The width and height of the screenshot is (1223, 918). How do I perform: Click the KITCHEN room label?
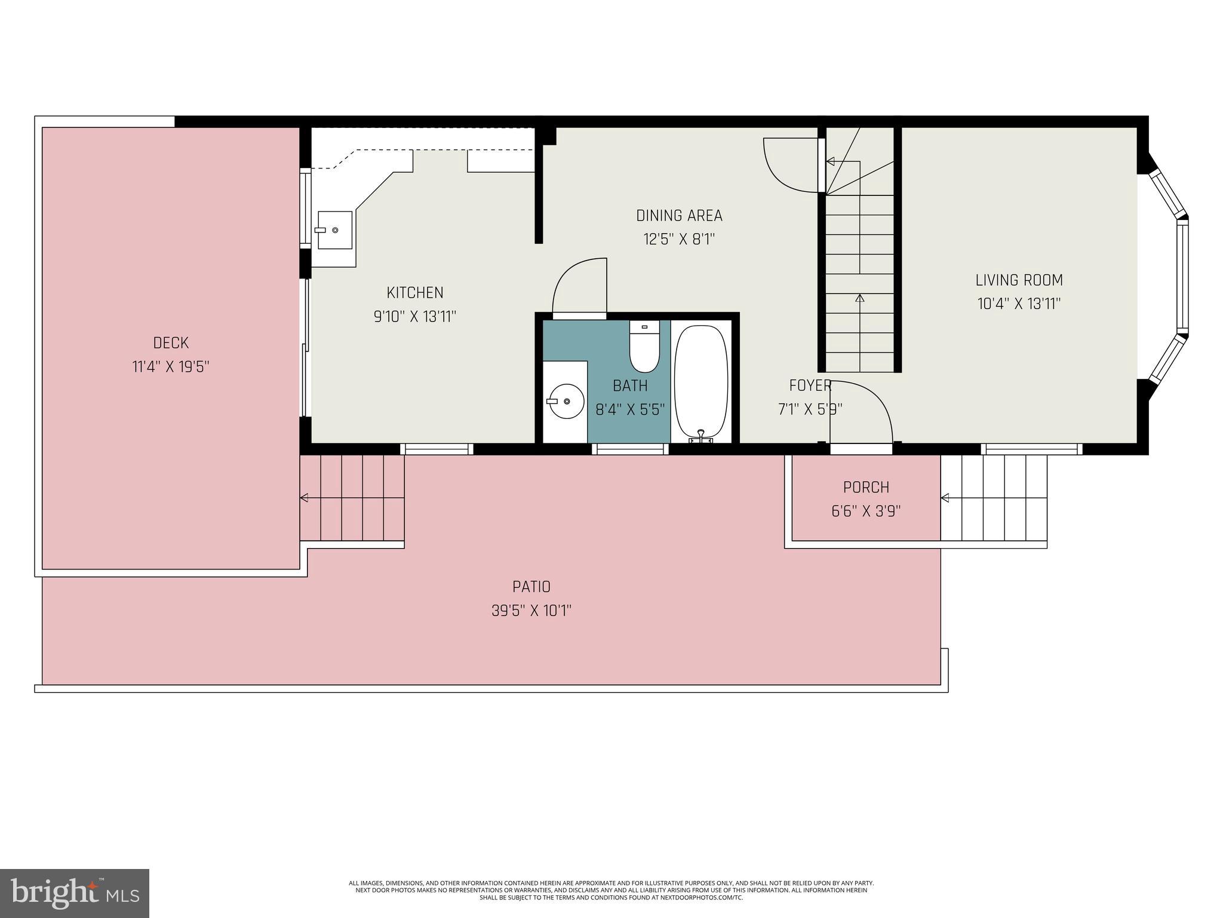415,293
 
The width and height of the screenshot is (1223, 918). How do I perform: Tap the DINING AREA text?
679,215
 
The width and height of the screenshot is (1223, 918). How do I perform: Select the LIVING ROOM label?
1019,280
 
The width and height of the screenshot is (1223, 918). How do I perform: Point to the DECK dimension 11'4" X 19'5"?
171,366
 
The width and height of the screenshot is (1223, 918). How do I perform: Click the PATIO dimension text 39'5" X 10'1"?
531,611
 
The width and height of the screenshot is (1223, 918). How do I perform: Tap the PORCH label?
866,487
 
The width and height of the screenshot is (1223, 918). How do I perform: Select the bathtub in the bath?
701,382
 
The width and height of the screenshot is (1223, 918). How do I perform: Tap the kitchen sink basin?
334,229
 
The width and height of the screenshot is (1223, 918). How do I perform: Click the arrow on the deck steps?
305,498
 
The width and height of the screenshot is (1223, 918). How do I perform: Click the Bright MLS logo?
74,893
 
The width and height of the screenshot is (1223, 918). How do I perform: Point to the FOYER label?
810,385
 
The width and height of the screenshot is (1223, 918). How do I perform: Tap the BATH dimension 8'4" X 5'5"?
630,409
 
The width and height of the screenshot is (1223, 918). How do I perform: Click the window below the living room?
1031,449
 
